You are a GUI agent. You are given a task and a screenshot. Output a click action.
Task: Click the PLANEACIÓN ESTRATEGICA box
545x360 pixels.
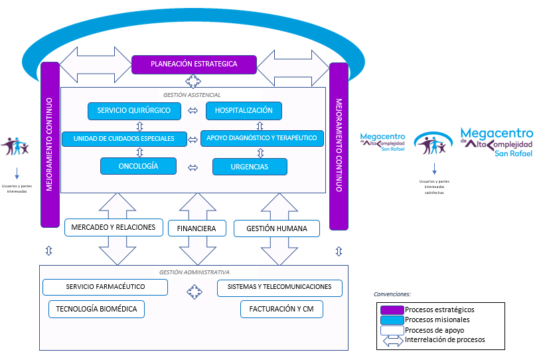click(x=194, y=64)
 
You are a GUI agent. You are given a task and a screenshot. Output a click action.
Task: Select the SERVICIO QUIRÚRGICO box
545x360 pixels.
click(x=134, y=110)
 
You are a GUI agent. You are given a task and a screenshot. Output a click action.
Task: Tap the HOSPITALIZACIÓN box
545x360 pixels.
click(x=244, y=110)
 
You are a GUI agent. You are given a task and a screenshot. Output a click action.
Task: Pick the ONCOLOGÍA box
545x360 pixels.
click(x=138, y=166)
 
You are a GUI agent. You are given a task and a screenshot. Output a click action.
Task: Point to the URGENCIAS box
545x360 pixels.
click(x=250, y=167)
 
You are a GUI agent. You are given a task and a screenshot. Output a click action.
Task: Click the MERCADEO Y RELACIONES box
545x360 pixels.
click(x=114, y=227)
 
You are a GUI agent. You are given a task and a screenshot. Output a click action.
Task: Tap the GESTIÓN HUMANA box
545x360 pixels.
click(x=276, y=228)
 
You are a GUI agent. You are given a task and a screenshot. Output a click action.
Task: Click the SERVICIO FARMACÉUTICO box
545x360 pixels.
click(x=105, y=288)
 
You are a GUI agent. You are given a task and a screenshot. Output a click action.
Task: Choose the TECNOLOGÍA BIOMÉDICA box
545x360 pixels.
click(x=96, y=309)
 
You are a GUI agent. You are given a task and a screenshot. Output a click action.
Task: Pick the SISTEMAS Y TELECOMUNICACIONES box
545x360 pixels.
click(x=279, y=288)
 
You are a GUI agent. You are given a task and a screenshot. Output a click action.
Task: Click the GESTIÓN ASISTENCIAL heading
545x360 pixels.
click(x=192, y=95)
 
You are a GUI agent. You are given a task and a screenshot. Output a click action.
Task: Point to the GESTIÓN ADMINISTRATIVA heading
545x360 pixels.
click(x=194, y=272)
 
